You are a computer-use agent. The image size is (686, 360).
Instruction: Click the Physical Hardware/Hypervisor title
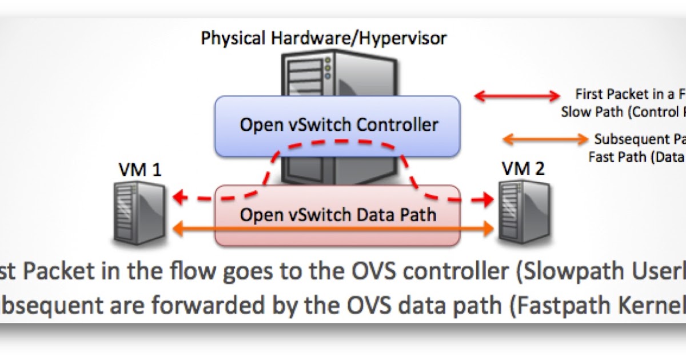(324, 38)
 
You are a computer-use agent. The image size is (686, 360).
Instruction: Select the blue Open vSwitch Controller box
(337, 126)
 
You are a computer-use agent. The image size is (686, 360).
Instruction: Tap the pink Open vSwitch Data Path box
(337, 215)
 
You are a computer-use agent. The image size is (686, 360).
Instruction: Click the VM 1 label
(139, 169)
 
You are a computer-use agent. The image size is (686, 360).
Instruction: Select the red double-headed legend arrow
(518, 96)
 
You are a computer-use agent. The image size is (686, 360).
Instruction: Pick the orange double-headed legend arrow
(545, 139)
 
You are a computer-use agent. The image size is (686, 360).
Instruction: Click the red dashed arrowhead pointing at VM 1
(180, 198)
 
